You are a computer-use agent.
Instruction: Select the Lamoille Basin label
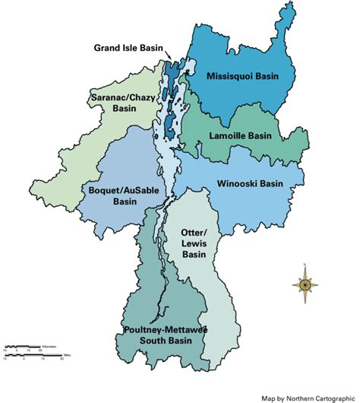coord(240,136)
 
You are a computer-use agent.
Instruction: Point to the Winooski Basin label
coord(250,183)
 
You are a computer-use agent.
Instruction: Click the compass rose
coord(304,285)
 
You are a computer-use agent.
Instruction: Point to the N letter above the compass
coord(304,265)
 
